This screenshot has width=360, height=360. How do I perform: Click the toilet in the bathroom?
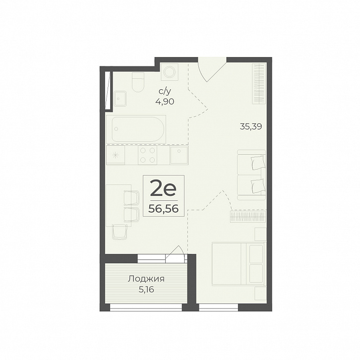coord(138,83)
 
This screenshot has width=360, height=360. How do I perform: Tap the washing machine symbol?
coord(170,72)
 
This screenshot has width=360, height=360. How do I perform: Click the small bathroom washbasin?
coord(120,98)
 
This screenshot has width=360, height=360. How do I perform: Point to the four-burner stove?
coord(148,155)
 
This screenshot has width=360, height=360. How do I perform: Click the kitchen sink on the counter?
coord(179,155)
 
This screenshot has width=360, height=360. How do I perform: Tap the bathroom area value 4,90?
coord(165,101)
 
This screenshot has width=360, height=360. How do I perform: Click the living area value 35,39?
coord(251,126)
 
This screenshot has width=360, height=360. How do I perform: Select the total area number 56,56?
coord(164,209)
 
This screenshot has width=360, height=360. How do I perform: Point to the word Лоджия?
coord(146,279)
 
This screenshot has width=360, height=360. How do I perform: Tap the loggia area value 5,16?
coord(146,290)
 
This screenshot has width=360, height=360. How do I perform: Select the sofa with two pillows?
coord(251,175)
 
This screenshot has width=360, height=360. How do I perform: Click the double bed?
coord(239,264)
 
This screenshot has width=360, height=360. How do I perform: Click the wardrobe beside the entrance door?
coord(259,84)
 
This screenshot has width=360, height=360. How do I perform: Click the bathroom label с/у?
coord(165,92)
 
